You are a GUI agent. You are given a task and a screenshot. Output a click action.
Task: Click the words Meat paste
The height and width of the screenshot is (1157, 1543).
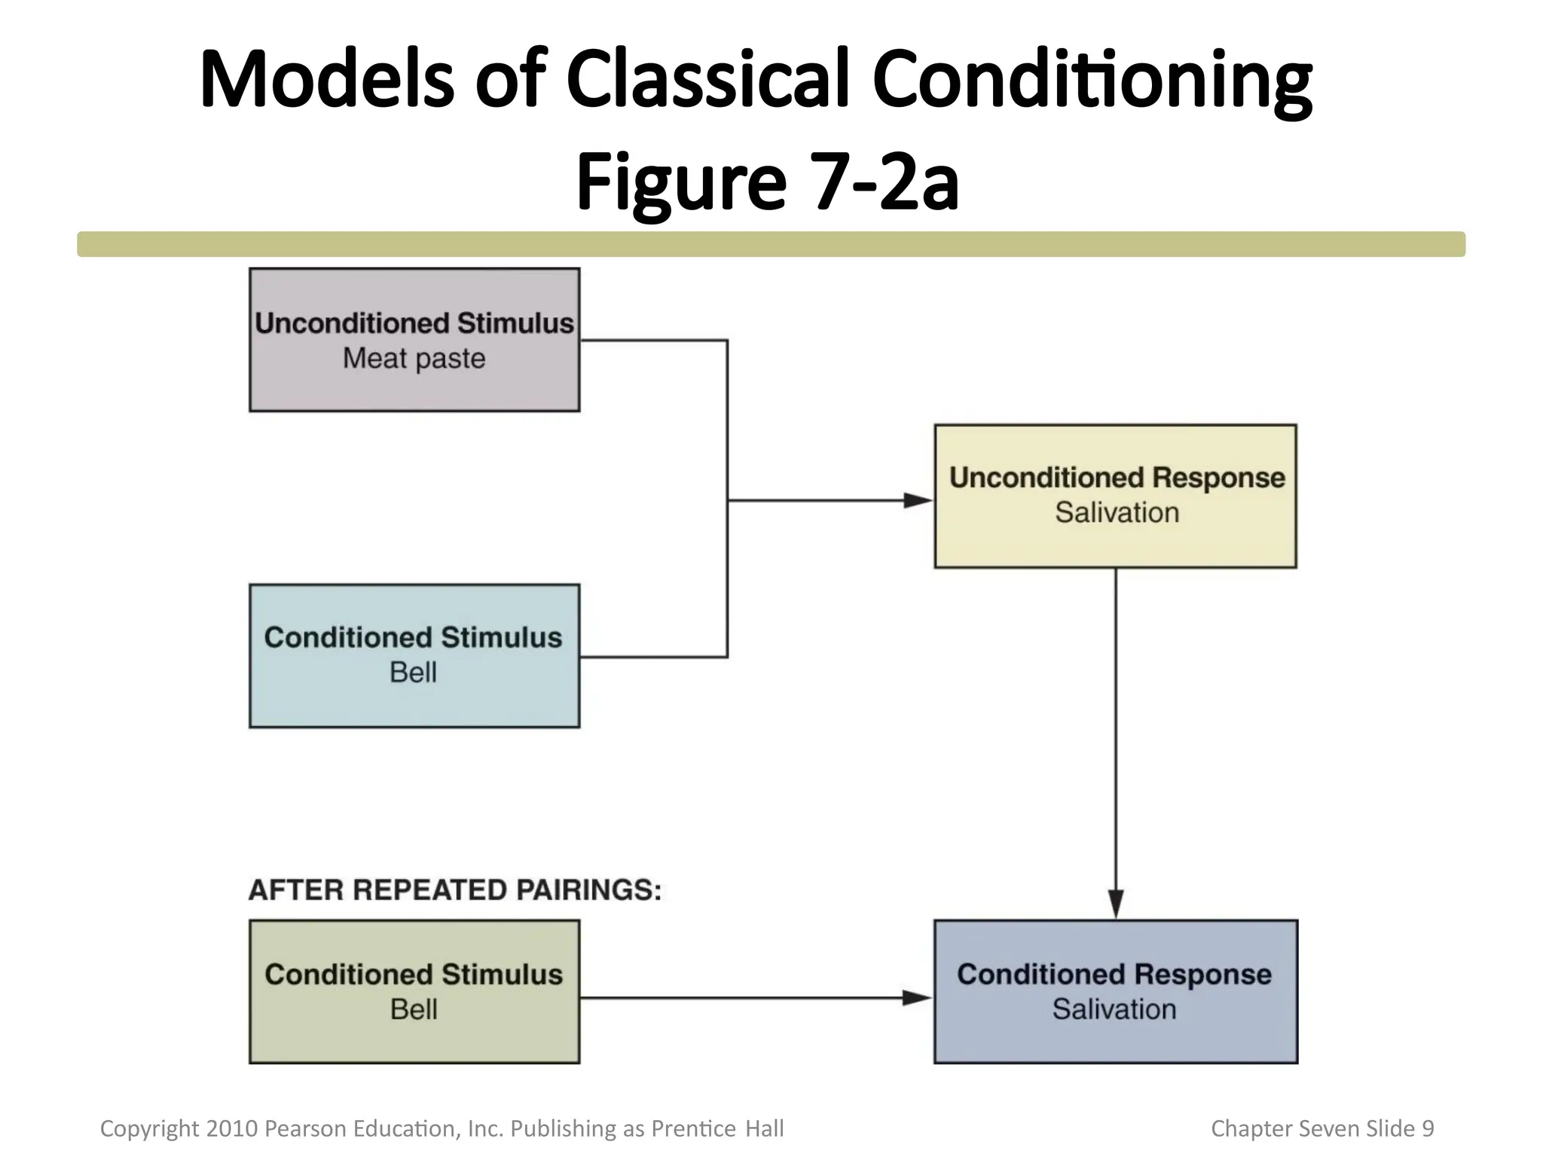point(414,359)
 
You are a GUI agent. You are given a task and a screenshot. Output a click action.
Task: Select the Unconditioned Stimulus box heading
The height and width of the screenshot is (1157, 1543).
point(414,323)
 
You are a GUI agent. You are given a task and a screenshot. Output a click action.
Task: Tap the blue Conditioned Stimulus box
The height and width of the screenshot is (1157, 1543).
point(414,701)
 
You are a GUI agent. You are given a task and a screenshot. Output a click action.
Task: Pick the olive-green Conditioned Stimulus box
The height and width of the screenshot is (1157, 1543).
point(414,1039)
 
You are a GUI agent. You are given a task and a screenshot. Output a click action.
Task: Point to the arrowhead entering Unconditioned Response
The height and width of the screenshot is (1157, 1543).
point(919,500)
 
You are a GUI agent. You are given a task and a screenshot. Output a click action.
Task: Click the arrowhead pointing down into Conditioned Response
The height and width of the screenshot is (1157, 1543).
point(1116,904)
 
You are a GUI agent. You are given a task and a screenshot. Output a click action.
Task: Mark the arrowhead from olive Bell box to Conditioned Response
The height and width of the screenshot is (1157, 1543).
point(918,998)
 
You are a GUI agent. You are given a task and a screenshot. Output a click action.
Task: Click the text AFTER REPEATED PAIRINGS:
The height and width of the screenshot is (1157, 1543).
point(455,890)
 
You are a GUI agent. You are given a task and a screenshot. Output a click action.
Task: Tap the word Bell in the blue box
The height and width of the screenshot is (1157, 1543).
point(413,672)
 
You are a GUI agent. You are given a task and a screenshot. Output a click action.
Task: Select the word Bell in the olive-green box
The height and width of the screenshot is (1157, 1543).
point(414,1009)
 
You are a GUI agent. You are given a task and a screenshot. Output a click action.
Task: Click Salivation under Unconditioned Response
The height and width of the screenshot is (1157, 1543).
point(1117,513)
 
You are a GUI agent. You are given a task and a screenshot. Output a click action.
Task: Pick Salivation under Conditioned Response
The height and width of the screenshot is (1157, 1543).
point(1114,1009)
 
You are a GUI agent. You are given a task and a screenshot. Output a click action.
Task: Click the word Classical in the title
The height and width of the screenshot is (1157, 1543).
point(707,79)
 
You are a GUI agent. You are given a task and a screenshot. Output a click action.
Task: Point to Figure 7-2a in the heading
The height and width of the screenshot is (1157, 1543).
point(767,182)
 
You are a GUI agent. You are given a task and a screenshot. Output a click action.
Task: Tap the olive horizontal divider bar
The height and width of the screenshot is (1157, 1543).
point(771,244)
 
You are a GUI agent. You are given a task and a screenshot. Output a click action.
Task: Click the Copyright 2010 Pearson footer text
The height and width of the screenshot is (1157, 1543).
point(442,1128)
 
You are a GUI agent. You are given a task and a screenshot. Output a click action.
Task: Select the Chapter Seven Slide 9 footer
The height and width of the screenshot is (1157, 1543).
point(1322,1128)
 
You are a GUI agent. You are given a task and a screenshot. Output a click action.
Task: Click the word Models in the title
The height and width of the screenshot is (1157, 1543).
point(327,79)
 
